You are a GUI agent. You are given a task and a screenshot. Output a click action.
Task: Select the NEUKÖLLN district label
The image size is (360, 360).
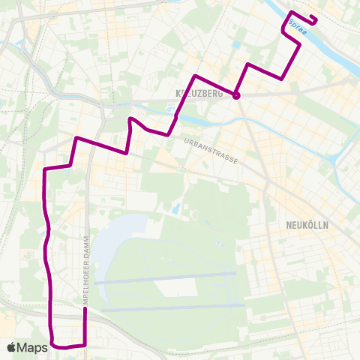pos(307,225)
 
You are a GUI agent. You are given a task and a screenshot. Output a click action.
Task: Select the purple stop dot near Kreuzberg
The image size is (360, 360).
pos(236,95)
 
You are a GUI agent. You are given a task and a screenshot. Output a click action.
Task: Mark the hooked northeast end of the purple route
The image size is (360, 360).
pos(315,19)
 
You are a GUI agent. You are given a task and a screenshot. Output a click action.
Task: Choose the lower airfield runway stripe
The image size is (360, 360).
pos(172,307)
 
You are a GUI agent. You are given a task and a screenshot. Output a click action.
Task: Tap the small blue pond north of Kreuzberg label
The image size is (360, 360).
pos(236,45)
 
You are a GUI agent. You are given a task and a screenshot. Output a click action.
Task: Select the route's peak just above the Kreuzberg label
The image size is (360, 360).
pos(195,76)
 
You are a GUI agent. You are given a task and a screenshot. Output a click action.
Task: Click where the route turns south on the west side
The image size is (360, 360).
pos(46,169)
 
